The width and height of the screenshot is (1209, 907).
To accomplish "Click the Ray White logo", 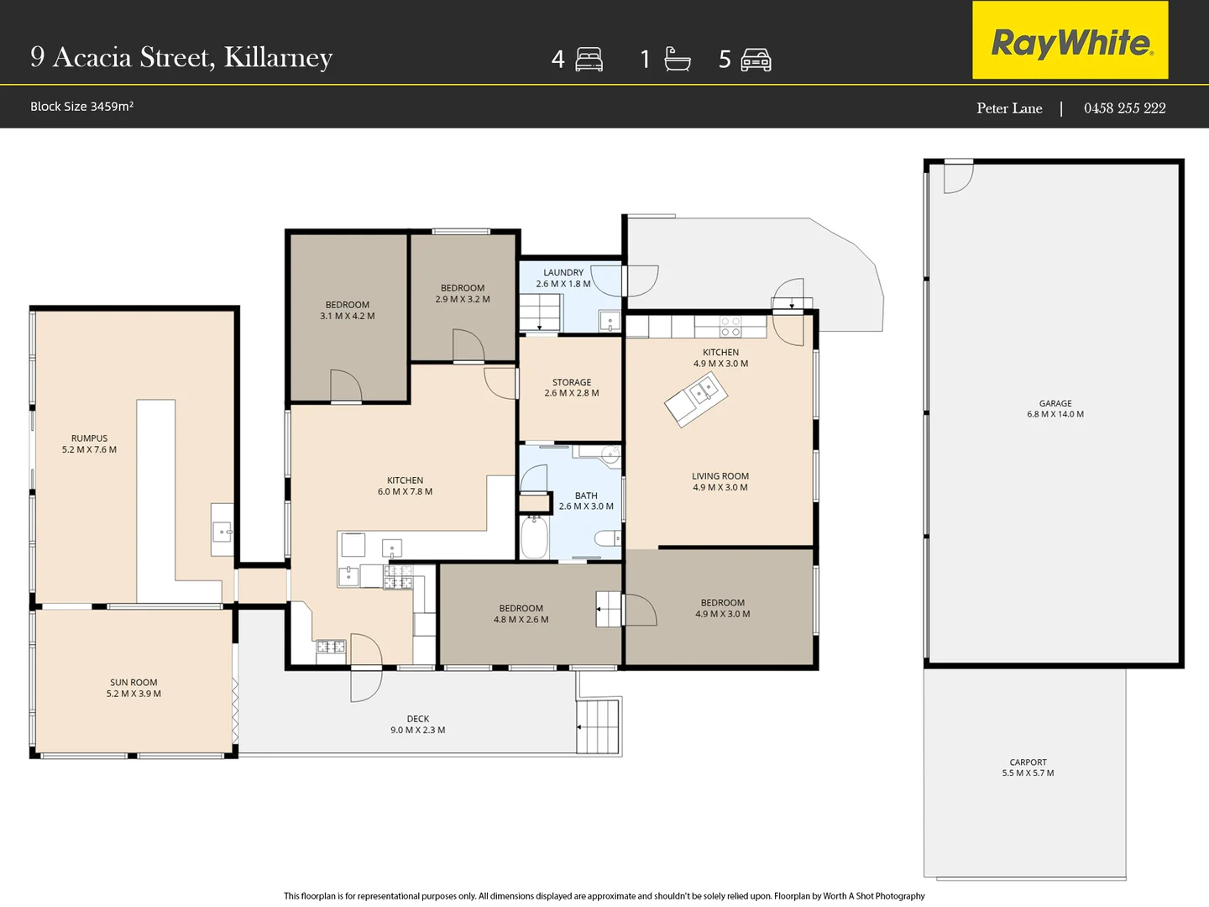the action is pos(1070,39).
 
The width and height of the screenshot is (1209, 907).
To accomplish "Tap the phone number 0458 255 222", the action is pos(1124,108).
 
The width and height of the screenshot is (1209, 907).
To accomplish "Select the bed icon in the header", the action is pos(589,60).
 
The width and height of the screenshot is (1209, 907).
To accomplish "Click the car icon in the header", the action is pos(756,60).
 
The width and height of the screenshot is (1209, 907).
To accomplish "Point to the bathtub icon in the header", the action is pos(677,59).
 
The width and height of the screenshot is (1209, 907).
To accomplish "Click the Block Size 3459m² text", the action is pos(81,107).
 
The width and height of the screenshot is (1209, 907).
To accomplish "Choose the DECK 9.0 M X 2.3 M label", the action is pos(418,724).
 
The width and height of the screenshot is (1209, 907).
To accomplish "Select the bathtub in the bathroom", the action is pos(534,537).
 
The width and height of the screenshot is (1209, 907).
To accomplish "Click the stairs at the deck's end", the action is pos(598,727).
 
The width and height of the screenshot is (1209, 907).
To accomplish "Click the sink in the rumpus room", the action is pos(222,532).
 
